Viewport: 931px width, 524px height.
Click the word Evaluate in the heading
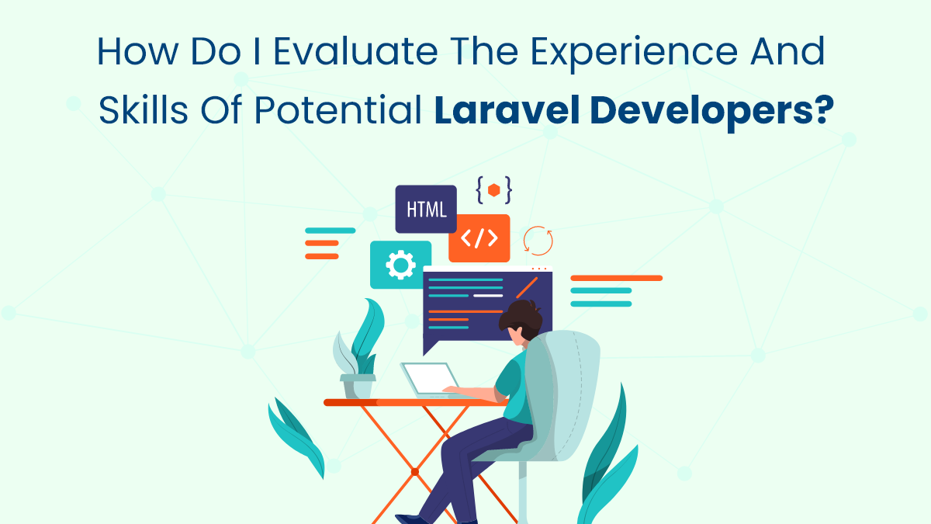[356, 51]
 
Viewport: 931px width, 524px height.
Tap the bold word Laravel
[507, 110]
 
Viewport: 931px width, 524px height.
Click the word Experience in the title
[634, 54]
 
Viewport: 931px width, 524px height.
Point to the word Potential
[338, 110]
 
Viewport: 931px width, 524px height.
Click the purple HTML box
[426, 209]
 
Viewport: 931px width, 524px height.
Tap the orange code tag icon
[479, 238]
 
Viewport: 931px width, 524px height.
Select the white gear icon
[400, 265]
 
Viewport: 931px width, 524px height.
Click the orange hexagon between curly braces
[493, 190]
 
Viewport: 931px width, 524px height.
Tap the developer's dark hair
[521, 319]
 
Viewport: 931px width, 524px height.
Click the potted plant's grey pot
[358, 386]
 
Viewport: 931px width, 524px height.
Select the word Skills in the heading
[143, 110]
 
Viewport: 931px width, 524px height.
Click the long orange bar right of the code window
[616, 278]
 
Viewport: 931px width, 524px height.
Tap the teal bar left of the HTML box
[330, 231]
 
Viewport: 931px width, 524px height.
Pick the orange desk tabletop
[416, 402]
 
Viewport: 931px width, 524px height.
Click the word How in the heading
[137, 51]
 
